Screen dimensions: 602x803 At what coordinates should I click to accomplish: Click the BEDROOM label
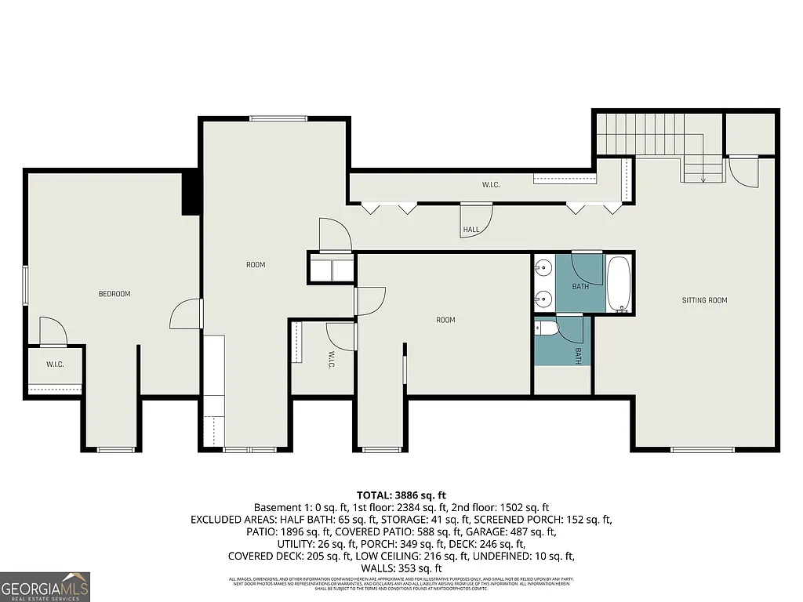point(114,294)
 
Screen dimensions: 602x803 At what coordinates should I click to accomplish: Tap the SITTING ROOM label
point(704,300)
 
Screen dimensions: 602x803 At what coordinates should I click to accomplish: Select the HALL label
point(471,230)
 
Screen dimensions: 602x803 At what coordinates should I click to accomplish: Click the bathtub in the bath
point(619,284)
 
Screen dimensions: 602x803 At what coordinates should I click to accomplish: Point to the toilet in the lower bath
point(547,330)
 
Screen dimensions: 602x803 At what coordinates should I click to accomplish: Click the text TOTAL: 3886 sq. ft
point(401,495)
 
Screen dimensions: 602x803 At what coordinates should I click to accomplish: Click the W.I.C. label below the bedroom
point(54,364)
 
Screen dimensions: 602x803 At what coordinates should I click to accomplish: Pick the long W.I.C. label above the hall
point(491,185)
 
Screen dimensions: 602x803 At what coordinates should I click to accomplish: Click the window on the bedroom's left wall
point(25,286)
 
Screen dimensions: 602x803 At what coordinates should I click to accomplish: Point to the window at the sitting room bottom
point(703,449)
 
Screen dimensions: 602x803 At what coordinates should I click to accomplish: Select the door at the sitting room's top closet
point(743,171)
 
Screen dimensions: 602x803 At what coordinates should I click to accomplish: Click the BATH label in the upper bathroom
point(580,286)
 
